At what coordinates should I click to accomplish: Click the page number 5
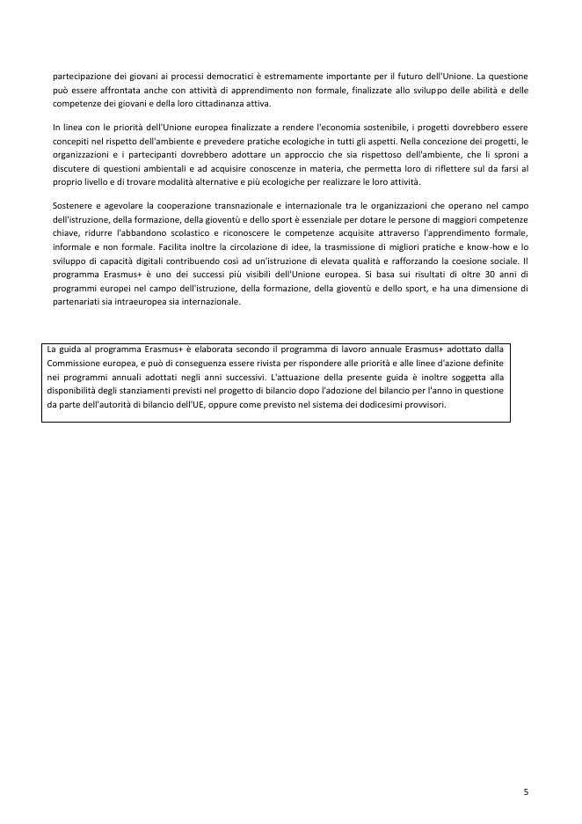[526, 791]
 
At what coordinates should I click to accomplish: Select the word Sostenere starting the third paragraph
[73, 205]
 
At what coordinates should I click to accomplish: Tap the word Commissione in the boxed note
[76, 363]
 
